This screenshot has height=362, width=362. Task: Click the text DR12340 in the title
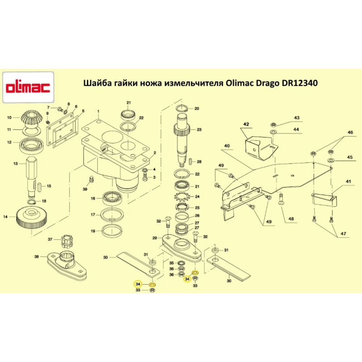[x=299, y=83]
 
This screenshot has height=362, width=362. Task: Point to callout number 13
[x=15, y=164]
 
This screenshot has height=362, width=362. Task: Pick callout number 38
[x=37, y=257]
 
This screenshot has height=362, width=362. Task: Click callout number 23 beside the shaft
[x=199, y=129]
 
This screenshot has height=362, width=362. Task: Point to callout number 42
[x=246, y=125]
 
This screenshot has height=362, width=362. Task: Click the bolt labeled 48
[x=281, y=198]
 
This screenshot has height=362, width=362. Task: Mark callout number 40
[x=227, y=146]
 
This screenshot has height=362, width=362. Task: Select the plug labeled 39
[x=92, y=180]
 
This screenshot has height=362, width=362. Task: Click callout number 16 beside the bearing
[x=93, y=199]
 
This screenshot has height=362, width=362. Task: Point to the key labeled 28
[x=190, y=161]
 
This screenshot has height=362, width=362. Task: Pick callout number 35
[x=172, y=263]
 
